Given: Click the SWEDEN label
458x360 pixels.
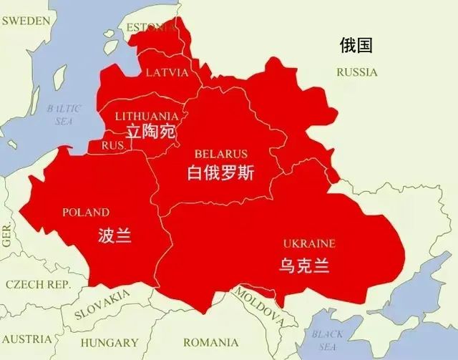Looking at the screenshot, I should (x=26, y=21).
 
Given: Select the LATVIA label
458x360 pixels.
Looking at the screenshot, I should (x=167, y=72).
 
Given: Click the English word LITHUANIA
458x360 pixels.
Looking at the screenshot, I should (x=147, y=116).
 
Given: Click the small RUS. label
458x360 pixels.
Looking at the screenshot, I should (x=113, y=145).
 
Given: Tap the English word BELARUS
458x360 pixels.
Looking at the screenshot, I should (x=220, y=154).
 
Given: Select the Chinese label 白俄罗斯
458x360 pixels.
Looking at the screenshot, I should (x=220, y=173).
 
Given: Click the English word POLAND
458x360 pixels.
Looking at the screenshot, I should (x=86, y=213).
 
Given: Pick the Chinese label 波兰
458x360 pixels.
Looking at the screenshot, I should (x=114, y=235).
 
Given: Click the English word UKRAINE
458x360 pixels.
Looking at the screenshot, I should (x=309, y=243).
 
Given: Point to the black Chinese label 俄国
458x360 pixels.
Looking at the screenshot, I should (x=356, y=47).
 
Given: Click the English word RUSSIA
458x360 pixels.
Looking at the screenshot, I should (x=356, y=72).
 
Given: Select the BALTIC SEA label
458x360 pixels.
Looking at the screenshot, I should (x=64, y=115).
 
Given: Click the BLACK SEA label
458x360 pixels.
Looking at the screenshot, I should (x=327, y=341).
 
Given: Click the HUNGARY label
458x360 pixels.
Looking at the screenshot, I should (x=109, y=342).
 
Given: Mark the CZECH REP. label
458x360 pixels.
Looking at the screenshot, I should (x=38, y=284).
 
